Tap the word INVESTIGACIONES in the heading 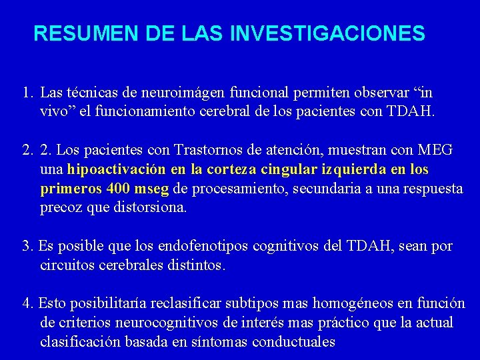pos(326,33)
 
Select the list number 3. pos(26,247)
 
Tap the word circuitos pos(66,265)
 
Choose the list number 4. pos(26,304)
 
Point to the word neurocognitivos pos(171,323)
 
